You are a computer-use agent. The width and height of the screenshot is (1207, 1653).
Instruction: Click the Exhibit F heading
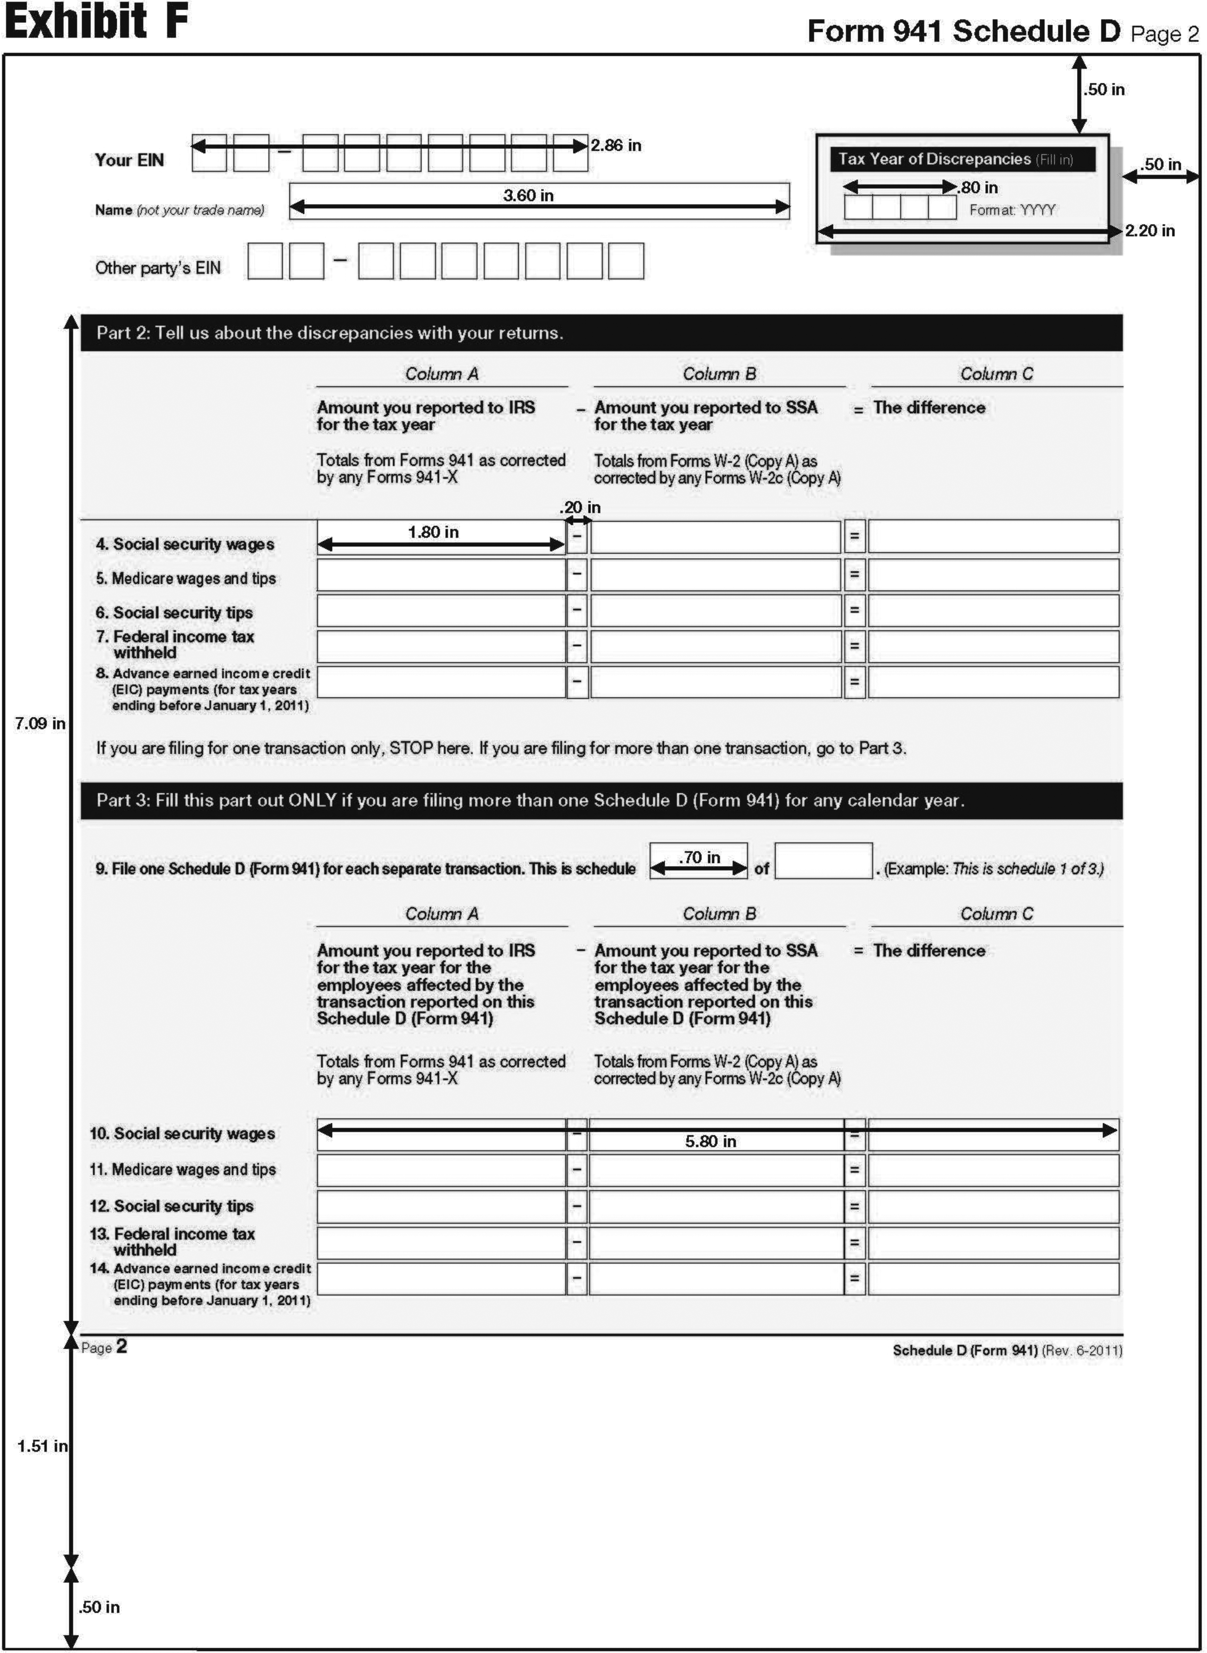pyautogui.click(x=97, y=22)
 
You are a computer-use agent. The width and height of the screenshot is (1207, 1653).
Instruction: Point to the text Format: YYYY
pyautogui.click(x=1012, y=211)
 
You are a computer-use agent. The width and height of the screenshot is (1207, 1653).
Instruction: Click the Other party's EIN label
pyautogui.click(x=158, y=268)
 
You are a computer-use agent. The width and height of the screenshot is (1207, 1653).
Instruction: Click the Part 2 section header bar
pyautogui.click(x=601, y=333)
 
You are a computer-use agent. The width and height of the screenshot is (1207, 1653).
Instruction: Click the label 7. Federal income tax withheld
pyautogui.click(x=175, y=644)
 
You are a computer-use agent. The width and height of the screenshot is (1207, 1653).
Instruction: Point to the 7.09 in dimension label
pyautogui.click(x=40, y=724)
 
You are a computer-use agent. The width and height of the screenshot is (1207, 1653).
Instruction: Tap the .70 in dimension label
pyautogui.click(x=699, y=857)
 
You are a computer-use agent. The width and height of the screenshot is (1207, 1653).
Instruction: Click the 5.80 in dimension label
pyautogui.click(x=710, y=1141)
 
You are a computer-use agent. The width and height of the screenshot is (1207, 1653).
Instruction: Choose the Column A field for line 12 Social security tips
pyautogui.click(x=441, y=1206)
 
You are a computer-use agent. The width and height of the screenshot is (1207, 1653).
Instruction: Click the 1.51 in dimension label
pyautogui.click(x=42, y=1446)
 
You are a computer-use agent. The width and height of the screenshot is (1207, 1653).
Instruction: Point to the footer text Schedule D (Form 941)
pyautogui.click(x=964, y=1351)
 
